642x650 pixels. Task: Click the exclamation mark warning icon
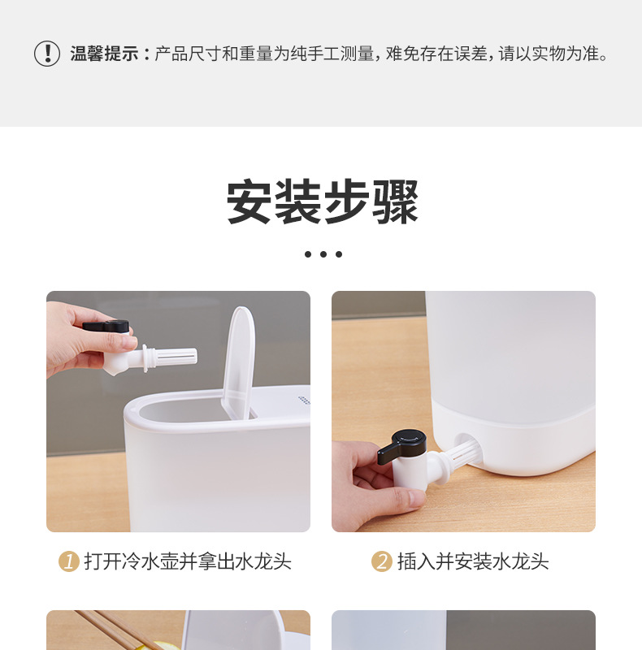tap(47, 54)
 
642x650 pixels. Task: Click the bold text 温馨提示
tap(104, 54)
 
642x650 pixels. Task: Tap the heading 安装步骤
tap(323, 202)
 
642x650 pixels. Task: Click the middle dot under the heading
tap(323, 254)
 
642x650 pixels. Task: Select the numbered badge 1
tap(69, 561)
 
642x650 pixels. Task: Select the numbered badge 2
tap(382, 561)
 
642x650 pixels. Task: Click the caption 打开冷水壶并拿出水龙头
tap(187, 561)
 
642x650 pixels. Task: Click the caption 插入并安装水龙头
tap(473, 561)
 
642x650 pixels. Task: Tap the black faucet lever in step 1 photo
tap(108, 326)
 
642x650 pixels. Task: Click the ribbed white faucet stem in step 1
tap(172, 356)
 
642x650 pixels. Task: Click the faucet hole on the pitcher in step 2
tap(466, 449)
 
